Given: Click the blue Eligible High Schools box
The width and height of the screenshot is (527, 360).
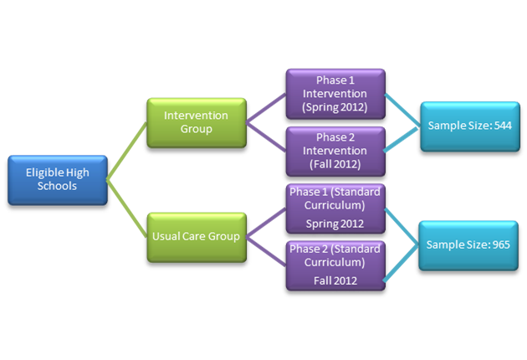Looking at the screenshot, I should tap(57, 179).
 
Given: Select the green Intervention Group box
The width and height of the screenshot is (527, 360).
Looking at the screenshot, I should tap(196, 122).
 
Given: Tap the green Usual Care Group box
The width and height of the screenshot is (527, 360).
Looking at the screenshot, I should tap(196, 236).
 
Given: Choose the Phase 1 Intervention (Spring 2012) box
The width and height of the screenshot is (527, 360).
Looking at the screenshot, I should tap(335, 93).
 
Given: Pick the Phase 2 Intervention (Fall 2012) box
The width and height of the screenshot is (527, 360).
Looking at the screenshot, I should tap(335, 151).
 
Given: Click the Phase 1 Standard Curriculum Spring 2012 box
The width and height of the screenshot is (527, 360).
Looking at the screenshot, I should tap(335, 209).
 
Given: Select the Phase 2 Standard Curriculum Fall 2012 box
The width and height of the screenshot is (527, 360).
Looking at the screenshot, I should tap(335, 265).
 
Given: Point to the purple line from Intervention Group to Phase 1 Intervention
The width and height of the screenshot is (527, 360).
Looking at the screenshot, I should tap(267, 108).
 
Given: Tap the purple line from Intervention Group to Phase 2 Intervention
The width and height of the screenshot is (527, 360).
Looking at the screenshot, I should tap(267, 136).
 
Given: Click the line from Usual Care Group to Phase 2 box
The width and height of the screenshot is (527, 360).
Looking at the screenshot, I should tap(267, 251).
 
